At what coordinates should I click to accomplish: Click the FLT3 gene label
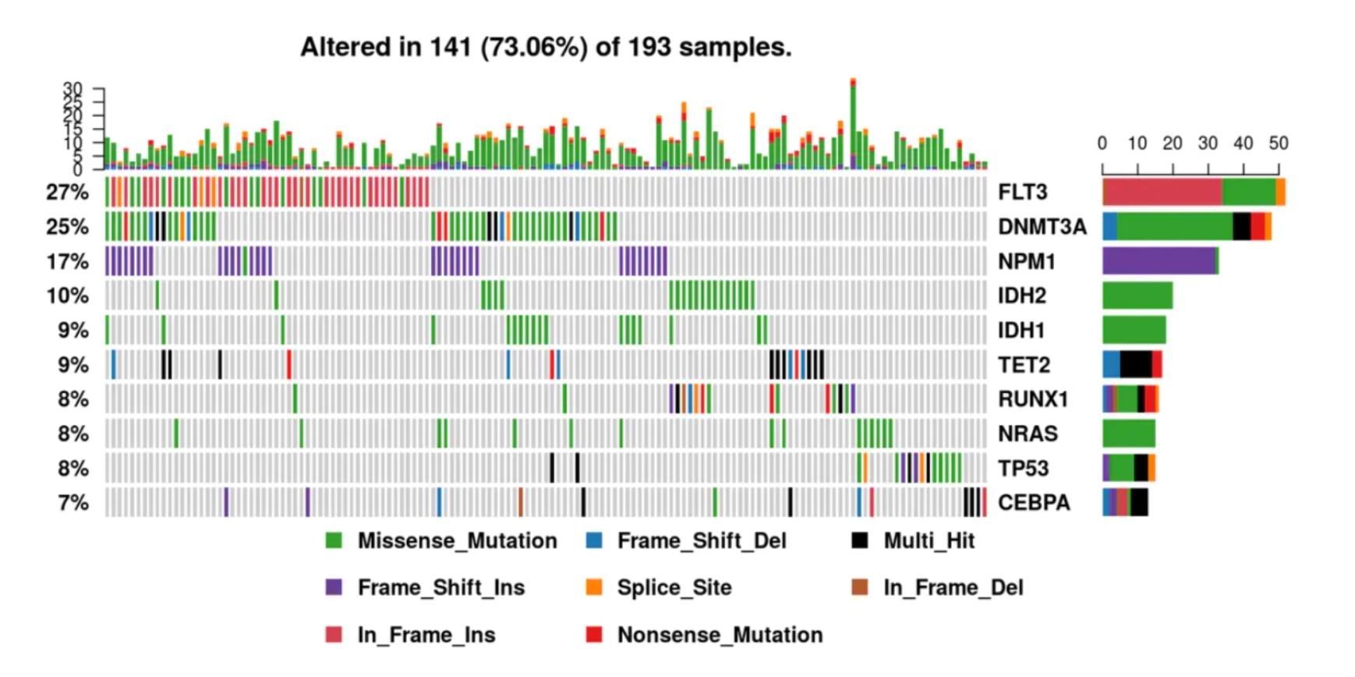click(1022, 192)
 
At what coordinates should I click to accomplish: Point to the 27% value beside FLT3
click(67, 192)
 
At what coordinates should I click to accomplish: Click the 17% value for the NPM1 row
click(67, 261)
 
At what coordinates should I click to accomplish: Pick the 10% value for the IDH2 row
click(67, 296)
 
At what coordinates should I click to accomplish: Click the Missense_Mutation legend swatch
click(334, 541)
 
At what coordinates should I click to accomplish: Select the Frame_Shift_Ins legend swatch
click(334, 587)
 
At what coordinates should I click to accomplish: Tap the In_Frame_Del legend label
click(953, 587)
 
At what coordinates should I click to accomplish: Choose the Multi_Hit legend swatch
click(859, 541)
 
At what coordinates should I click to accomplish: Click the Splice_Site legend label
click(674, 587)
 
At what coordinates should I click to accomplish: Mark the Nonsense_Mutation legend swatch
click(594, 635)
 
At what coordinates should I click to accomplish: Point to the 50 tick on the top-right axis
click(1279, 144)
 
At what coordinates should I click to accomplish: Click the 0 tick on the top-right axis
click(1102, 144)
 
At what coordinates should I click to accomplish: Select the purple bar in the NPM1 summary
click(1159, 261)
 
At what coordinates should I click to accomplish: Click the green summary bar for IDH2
click(1137, 296)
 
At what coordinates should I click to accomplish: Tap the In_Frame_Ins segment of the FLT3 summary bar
click(1162, 192)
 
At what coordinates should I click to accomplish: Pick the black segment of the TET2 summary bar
click(1135, 365)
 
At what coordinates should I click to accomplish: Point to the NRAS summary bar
click(1128, 434)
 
